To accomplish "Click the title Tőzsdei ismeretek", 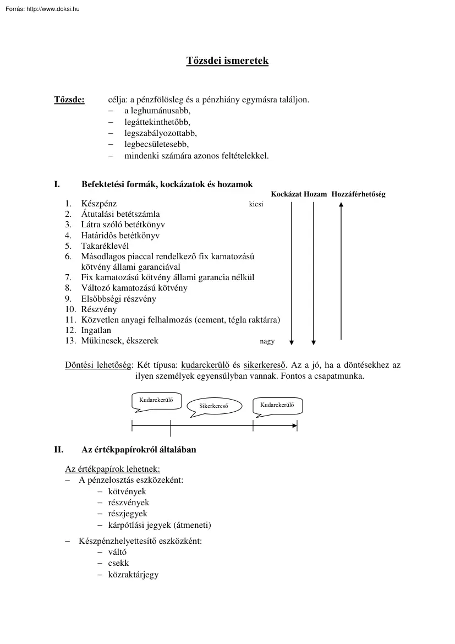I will click(x=227, y=61).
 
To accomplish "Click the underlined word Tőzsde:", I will click(x=69, y=100).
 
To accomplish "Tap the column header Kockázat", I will click(x=286, y=194).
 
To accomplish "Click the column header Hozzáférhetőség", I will click(x=358, y=194).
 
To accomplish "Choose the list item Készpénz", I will click(x=98, y=204).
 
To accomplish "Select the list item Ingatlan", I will click(x=96, y=330).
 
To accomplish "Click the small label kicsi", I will click(x=256, y=204).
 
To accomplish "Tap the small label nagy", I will click(x=267, y=341).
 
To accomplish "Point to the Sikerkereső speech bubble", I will click(x=213, y=406).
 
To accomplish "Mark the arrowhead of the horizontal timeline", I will click(x=294, y=425).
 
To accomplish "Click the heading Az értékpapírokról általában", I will click(x=139, y=450).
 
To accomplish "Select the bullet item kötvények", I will click(x=127, y=491).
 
